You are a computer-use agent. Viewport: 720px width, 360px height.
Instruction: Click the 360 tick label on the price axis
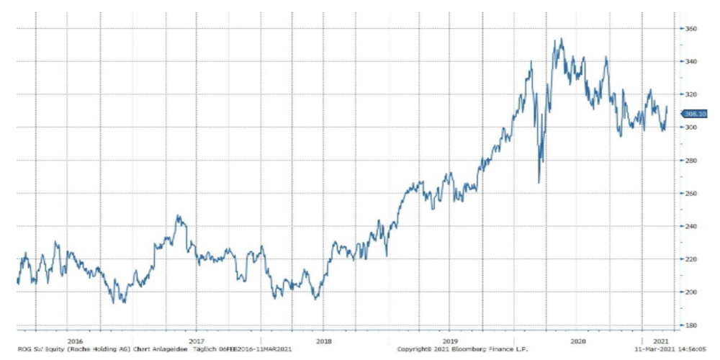tap(691, 29)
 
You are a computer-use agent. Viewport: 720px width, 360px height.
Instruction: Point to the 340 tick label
tap(691, 62)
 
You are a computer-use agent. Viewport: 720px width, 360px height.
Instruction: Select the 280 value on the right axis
tap(691, 161)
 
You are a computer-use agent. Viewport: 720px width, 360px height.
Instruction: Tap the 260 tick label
tap(691, 194)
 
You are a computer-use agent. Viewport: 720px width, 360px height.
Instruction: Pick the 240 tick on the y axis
tap(691, 226)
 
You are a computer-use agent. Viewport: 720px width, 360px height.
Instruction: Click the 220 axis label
tap(691, 259)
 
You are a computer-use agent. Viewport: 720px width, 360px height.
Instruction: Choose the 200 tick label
tap(691, 292)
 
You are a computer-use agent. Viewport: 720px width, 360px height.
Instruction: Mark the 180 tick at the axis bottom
tap(691, 325)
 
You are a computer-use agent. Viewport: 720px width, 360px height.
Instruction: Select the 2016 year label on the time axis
tap(74, 341)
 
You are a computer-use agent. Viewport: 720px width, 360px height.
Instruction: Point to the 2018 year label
tap(324, 341)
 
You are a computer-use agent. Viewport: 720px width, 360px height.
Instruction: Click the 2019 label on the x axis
tap(449, 341)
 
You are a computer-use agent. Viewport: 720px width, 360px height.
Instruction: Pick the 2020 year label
tap(576, 341)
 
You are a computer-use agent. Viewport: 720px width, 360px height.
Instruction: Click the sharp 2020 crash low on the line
tap(539, 182)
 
